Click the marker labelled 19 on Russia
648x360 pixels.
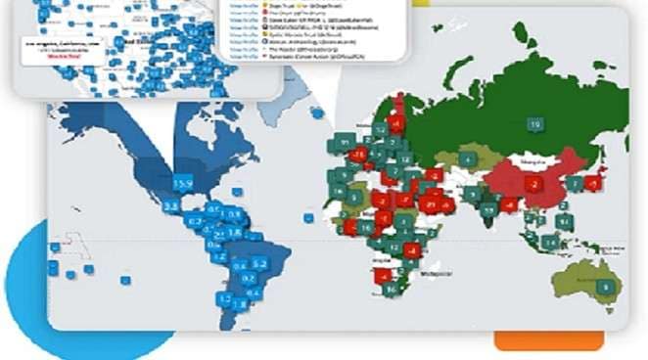pos(535,124)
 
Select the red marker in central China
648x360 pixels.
pos(533,182)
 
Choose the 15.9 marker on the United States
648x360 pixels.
pos(182,183)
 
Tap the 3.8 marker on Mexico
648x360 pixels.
pos(170,205)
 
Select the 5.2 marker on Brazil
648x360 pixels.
pos(260,262)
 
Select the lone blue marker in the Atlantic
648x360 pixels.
pos(307,217)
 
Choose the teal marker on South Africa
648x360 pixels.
pos(392,290)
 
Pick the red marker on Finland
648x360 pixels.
pos(395,124)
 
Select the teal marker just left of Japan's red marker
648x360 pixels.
pos(575,183)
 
